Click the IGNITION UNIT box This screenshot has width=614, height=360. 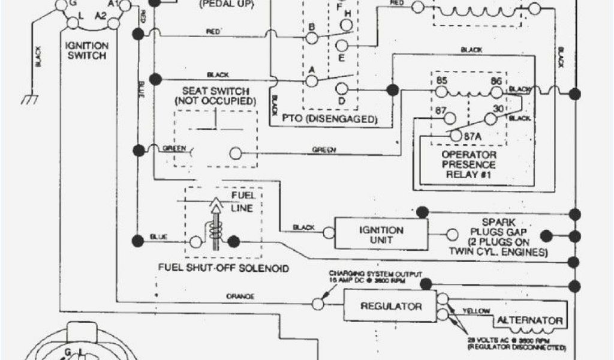[x=381, y=235]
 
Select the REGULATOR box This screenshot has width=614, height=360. [x=390, y=306]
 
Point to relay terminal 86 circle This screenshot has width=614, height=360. [x=496, y=92]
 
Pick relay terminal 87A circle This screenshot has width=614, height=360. [x=456, y=136]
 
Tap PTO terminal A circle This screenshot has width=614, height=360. [x=312, y=82]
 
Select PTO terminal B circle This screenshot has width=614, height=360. [x=312, y=38]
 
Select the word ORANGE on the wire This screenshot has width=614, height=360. [x=240, y=296]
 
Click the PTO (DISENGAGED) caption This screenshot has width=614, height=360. [x=330, y=120]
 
